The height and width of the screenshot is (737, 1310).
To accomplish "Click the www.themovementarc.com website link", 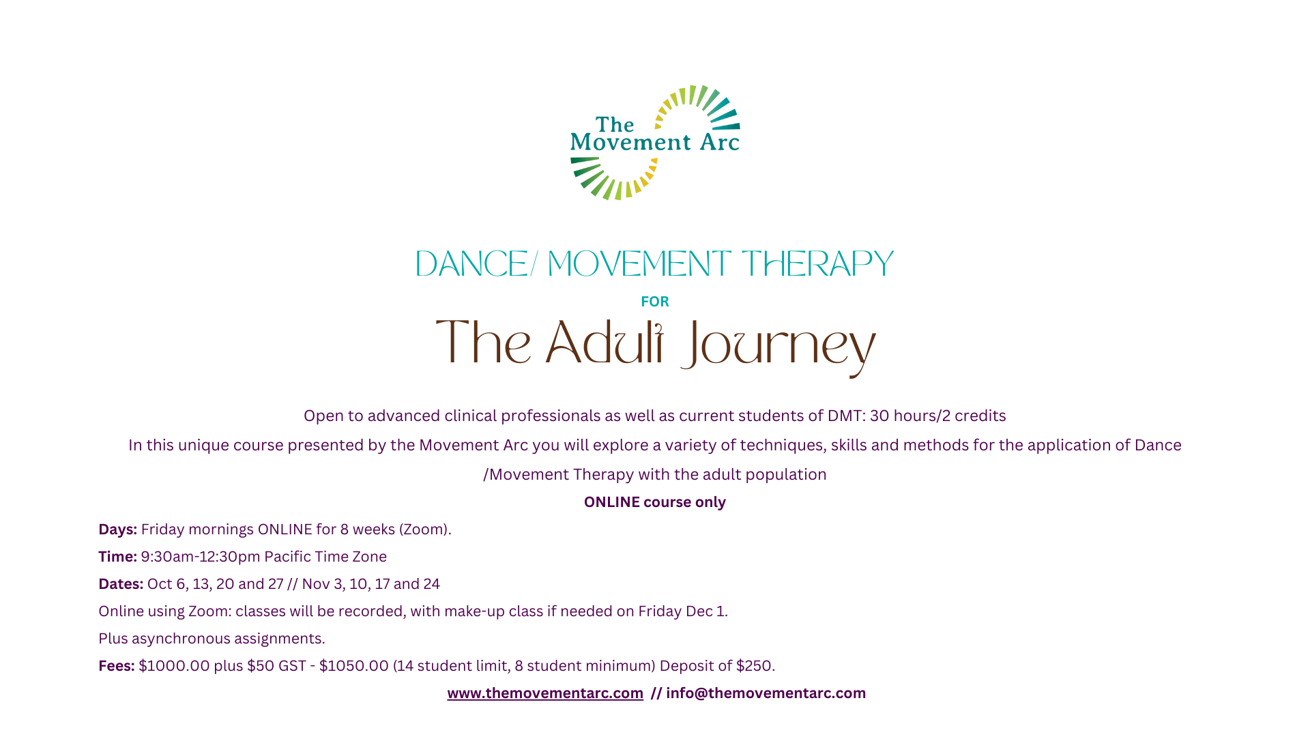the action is tap(545, 693).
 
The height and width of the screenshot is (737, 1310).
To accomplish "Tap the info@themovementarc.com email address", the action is tap(766, 693).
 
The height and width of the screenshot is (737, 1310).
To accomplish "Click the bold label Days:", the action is tap(117, 530).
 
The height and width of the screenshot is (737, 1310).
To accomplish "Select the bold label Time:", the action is tap(117, 557).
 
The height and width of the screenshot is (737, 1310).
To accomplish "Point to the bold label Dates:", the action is tap(121, 584).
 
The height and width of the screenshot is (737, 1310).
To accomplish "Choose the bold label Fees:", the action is tap(116, 666).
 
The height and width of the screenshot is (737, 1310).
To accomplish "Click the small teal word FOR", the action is tap(655, 302).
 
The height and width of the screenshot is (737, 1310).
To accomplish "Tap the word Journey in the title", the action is tap(778, 347).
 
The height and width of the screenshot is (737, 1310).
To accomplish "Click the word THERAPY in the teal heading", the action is tap(817, 264).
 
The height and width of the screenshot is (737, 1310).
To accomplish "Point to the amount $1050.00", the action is tap(354, 666).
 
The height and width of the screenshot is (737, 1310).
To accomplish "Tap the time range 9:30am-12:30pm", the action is tap(201, 557).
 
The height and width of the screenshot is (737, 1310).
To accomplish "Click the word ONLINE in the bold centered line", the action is tap(612, 502).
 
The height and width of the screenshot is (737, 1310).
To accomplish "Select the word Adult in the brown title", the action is tap(605, 342).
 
